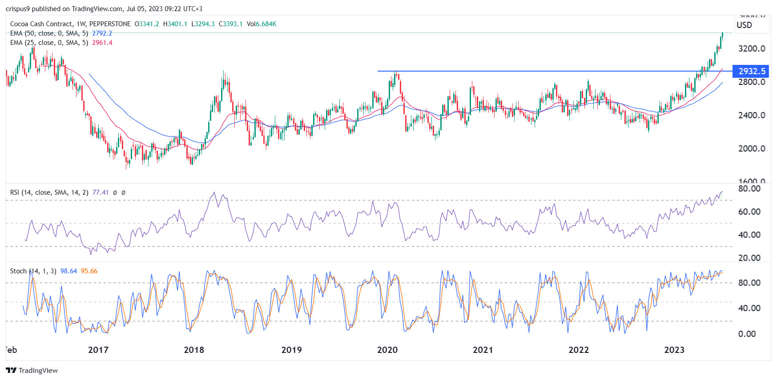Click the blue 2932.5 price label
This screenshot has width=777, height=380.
[x=752, y=71]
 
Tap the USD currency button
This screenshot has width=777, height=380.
[x=744, y=25]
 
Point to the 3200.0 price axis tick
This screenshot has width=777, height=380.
[x=751, y=48]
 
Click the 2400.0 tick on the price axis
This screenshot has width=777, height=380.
[x=751, y=115]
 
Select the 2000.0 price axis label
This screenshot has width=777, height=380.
[x=751, y=148]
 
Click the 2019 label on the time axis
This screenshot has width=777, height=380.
[x=291, y=350]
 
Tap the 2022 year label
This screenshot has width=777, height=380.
[x=578, y=350]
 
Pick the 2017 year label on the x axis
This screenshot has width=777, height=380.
[x=98, y=350]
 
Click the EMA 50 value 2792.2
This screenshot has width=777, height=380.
[x=102, y=33]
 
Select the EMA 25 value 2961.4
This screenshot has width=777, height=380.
[x=102, y=43]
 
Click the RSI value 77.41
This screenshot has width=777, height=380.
[x=100, y=192]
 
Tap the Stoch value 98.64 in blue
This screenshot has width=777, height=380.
[x=68, y=271]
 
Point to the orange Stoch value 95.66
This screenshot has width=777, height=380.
[x=89, y=271]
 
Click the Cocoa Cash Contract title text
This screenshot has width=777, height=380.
[x=41, y=24]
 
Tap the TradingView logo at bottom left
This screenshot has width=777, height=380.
[x=32, y=370]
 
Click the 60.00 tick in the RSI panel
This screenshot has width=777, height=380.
[x=749, y=212]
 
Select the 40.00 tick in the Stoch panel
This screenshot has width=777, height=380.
[x=749, y=308]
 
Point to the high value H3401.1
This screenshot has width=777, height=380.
[x=175, y=24]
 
